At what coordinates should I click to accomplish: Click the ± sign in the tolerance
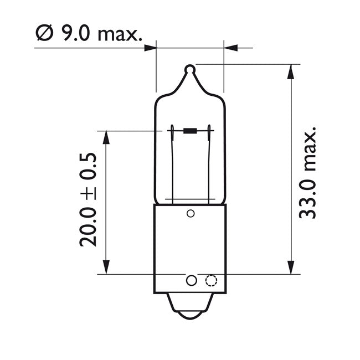88,192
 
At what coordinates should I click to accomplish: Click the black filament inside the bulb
190,131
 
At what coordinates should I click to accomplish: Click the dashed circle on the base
210,280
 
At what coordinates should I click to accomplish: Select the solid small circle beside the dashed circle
191,280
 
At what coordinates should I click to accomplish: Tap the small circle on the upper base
191,214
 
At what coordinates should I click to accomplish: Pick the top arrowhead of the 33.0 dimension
290,69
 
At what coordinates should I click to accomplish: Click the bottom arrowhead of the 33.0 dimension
290,269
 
